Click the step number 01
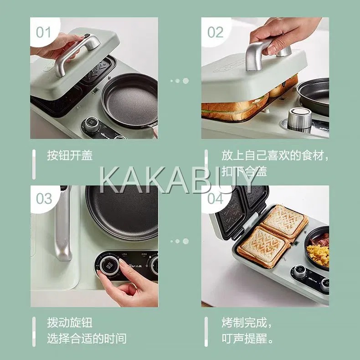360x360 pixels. [x=43, y=32]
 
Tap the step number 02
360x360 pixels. [x=215, y=32]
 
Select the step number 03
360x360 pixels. [x=44, y=199]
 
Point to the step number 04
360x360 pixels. [x=216, y=199]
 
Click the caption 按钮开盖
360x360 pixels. [x=70, y=155]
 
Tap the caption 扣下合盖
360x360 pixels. [x=244, y=171]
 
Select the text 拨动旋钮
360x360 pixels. [x=70, y=323]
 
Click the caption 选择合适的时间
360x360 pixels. [x=87, y=339]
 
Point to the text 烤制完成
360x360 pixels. [x=244, y=323]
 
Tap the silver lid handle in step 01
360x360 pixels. [x=76, y=53]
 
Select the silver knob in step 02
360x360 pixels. [x=299, y=118]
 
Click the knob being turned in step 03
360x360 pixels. [x=109, y=266]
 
